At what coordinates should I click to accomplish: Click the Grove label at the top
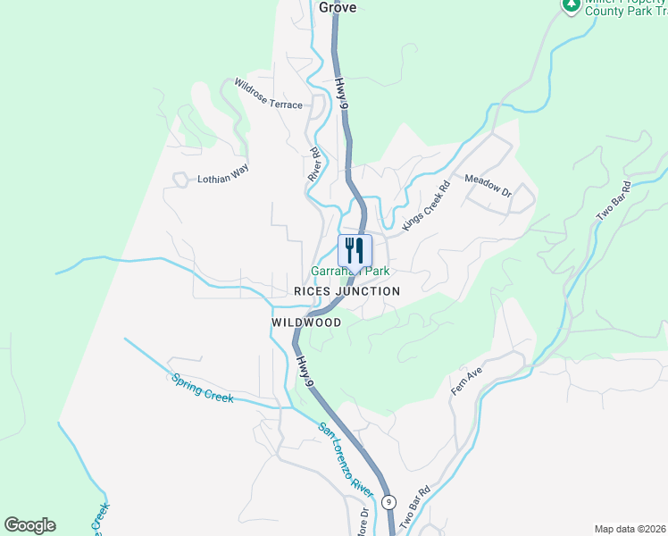click(x=338, y=7)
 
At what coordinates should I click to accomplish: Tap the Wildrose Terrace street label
click(x=269, y=93)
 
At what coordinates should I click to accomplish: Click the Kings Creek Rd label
click(x=425, y=208)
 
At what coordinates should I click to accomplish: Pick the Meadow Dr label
click(x=488, y=186)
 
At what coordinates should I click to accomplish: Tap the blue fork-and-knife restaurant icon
click(x=355, y=249)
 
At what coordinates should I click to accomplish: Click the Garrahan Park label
click(x=350, y=271)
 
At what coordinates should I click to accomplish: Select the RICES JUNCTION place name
click(x=347, y=291)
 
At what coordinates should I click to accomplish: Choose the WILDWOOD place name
click(x=306, y=322)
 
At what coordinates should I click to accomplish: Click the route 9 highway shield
click(x=388, y=502)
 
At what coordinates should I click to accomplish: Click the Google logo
click(x=29, y=525)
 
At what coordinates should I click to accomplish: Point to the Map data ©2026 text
click(x=630, y=529)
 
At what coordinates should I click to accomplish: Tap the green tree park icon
click(x=572, y=5)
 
